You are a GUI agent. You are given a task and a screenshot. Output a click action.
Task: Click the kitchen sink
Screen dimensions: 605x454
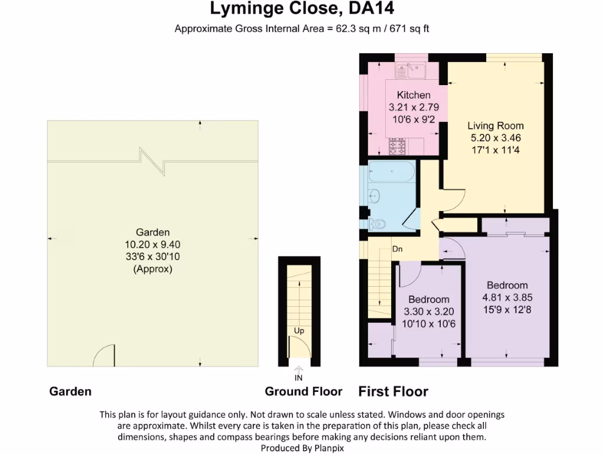tap(411, 71)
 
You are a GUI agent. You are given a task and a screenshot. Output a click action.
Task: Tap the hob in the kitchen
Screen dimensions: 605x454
tap(397, 147)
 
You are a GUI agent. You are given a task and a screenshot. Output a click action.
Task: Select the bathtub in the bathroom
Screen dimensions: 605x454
tap(392, 171)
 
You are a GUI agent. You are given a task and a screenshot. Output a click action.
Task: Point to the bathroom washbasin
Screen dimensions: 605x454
tap(374, 196)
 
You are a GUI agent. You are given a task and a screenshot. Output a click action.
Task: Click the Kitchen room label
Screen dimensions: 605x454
tap(414, 95)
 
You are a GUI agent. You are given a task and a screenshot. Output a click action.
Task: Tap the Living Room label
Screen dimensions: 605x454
tap(496, 125)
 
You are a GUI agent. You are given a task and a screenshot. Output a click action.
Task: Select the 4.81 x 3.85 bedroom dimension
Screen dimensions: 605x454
tap(508, 297)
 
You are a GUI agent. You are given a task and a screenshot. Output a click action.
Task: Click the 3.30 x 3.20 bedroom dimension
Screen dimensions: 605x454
tap(429, 311)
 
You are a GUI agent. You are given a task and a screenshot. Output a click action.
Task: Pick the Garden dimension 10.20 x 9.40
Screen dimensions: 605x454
tap(152, 244)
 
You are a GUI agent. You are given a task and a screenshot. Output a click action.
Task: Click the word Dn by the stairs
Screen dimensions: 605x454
tap(398, 249)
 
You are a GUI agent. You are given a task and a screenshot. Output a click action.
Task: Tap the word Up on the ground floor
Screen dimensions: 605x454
tap(299, 331)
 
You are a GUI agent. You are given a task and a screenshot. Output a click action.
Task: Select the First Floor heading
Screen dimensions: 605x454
tap(393, 391)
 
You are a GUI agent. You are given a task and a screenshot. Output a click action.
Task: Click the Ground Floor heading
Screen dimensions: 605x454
tap(303, 391)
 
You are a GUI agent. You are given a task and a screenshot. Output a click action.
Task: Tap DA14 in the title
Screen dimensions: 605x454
tap(371, 8)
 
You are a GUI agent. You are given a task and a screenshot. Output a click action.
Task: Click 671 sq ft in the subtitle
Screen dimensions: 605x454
tap(409, 28)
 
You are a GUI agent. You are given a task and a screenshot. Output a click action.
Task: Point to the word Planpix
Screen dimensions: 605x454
tap(328, 448)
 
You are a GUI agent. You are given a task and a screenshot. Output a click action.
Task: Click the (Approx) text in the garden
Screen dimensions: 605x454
tap(153, 269)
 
